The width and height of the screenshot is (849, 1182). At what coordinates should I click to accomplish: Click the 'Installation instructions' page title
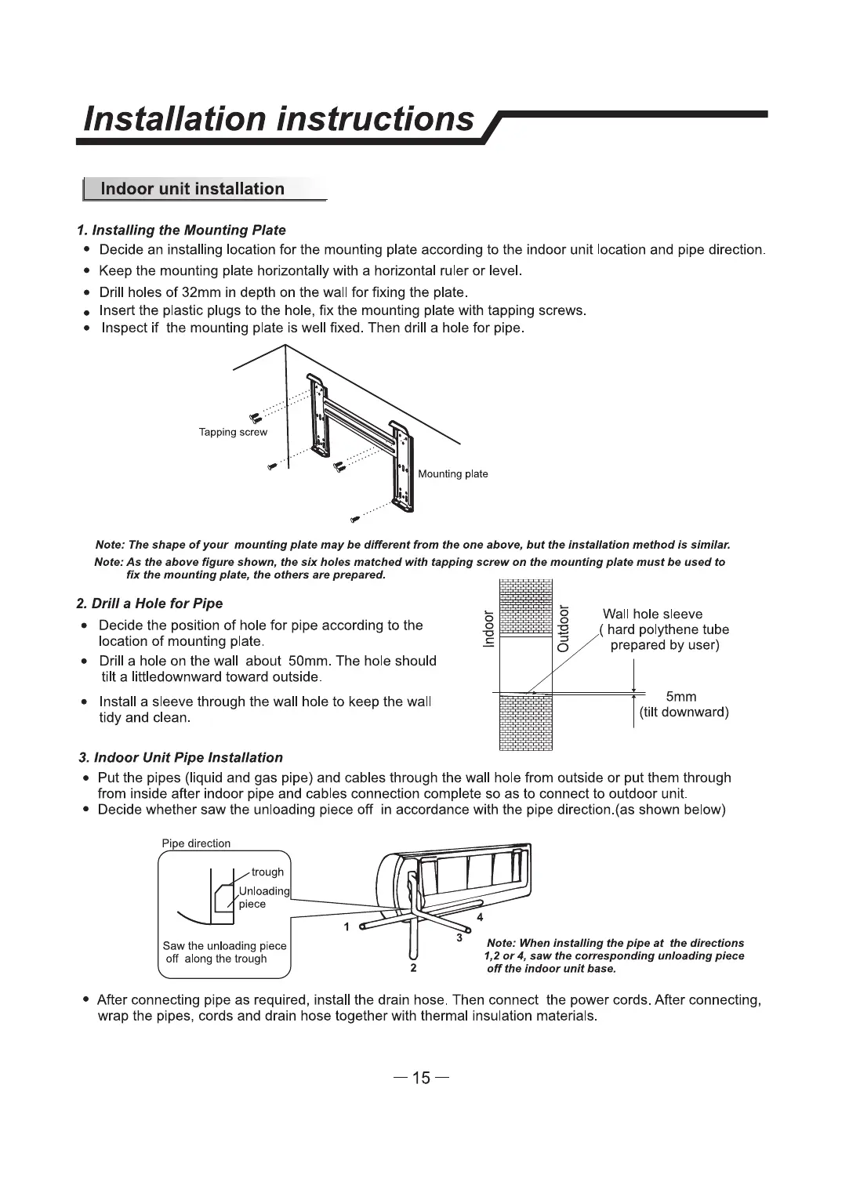278,119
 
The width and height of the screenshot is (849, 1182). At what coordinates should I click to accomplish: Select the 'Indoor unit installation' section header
193,189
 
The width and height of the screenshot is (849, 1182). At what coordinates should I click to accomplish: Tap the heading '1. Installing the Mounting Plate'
181,230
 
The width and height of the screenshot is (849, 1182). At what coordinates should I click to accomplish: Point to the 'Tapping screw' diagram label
233,433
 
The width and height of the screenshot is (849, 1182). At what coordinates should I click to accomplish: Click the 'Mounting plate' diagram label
453,474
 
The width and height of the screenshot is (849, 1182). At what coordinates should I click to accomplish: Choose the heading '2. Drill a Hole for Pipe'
150,604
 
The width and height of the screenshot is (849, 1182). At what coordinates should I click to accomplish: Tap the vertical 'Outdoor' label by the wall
562,629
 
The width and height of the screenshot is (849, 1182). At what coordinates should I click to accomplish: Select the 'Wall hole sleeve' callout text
652,615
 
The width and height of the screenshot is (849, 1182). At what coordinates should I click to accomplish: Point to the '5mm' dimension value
680,697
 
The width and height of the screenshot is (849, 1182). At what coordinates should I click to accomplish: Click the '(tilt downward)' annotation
684,712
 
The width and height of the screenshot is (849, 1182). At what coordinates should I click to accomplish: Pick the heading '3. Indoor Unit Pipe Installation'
181,758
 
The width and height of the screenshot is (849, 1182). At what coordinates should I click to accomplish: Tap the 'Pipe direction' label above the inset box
196,844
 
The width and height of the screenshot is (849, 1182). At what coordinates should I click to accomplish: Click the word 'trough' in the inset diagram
267,872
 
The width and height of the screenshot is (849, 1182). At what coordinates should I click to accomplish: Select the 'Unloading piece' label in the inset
263,897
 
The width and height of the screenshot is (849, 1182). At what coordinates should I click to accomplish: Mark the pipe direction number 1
346,927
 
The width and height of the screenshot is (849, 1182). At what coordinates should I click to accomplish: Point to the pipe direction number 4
480,917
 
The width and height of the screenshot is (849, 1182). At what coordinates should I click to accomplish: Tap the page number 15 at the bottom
422,1079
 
